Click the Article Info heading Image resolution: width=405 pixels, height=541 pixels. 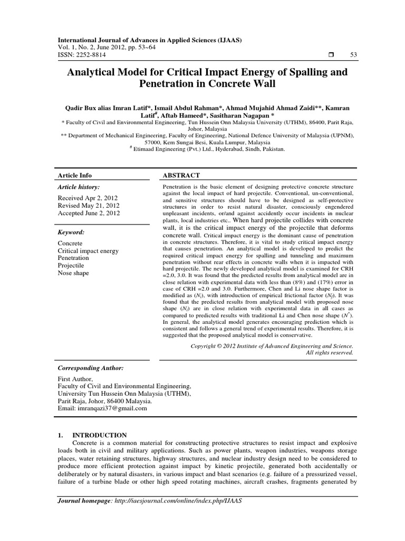(x=74, y=175)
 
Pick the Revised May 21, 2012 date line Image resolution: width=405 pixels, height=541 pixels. (x=88, y=206)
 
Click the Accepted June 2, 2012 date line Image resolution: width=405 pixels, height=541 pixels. (x=89, y=213)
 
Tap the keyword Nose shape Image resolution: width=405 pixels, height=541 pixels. (x=73, y=273)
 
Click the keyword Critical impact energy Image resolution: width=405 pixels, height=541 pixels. (x=88, y=250)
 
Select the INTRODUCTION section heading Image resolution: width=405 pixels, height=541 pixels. (x=99, y=435)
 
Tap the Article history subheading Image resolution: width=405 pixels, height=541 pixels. (x=78, y=187)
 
